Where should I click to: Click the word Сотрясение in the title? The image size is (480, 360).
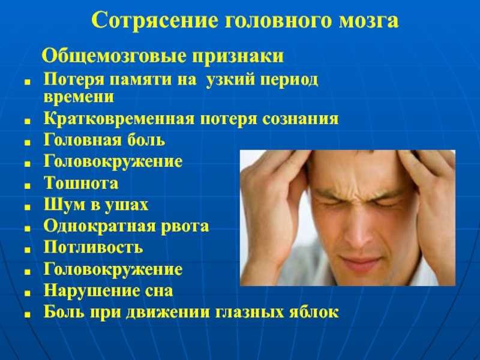click(x=155, y=21)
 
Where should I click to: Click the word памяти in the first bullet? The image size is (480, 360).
click(x=153, y=80)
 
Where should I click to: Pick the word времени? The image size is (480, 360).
click(x=79, y=97)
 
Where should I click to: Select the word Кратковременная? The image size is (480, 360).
click(x=119, y=119)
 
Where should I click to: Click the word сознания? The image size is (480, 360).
click(x=301, y=119)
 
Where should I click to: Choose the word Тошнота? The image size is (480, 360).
click(x=81, y=183)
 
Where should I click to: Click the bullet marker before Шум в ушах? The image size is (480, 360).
click(x=28, y=207)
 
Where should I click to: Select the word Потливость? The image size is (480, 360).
click(x=94, y=247)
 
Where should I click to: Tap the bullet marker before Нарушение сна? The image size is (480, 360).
click(x=28, y=293)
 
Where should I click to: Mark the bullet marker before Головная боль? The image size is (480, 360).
click(x=28, y=143)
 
